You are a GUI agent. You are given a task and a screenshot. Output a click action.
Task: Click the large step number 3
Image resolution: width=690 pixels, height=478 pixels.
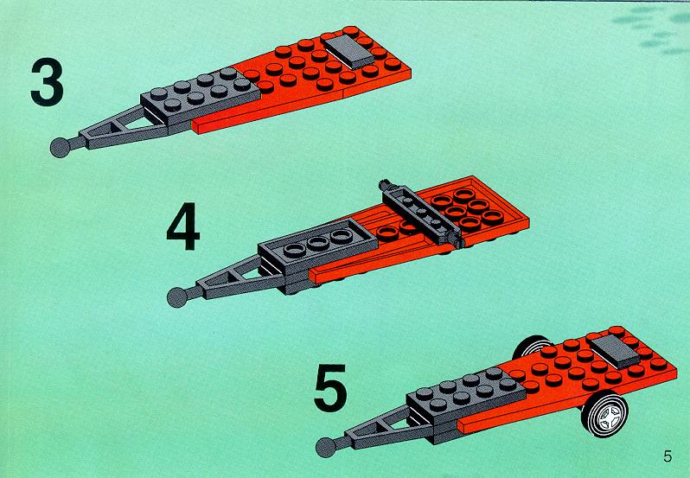pos(47,83)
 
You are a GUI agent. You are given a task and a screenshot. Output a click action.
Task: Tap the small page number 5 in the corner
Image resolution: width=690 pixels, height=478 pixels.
pos(668,456)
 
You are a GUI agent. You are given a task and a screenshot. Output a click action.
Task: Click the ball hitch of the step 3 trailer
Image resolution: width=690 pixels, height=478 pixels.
pos(61,147)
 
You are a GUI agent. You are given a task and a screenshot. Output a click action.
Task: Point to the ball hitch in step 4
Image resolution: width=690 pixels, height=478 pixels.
pos(177,297)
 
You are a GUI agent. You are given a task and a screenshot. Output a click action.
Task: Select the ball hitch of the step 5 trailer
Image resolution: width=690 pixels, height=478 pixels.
pos(326,448)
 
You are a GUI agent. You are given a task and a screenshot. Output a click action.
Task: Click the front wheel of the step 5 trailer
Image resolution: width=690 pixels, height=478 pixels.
pos(604,414)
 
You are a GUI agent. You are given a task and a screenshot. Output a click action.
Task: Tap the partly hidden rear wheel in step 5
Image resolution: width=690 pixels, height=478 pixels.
pos(529,345)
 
